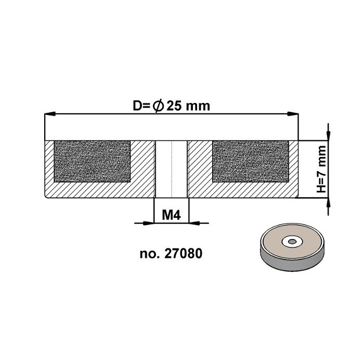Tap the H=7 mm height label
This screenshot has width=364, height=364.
tap(321, 169)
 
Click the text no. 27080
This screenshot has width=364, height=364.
tap(171, 254)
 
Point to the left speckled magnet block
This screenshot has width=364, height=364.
tap(92, 161)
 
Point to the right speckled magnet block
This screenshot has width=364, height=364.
tap(250, 161)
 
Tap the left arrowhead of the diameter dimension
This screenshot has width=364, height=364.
tap(50, 114)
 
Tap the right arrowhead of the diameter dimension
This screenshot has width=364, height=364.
tap(294, 114)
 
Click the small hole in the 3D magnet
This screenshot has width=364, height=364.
tap(290, 241)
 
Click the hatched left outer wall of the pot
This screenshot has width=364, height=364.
tap(49, 166)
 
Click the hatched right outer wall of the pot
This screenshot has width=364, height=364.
tap(294, 166)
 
